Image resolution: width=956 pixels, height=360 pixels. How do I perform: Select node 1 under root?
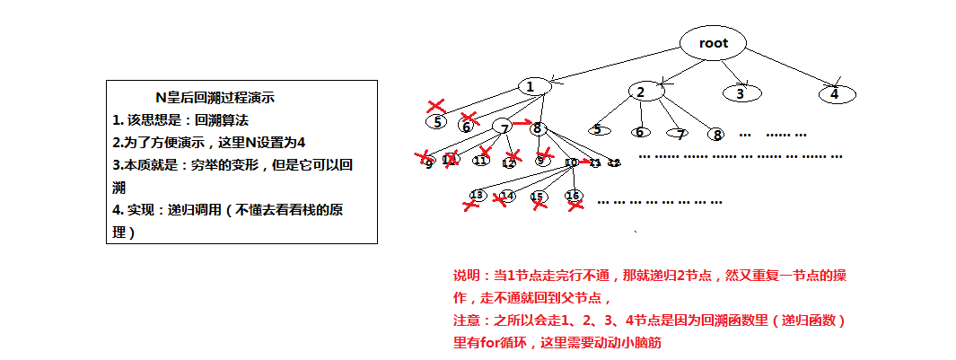coord(532,86)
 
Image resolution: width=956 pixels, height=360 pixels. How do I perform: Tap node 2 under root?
coord(640,92)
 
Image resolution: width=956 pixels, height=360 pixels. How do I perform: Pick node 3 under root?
coord(741,92)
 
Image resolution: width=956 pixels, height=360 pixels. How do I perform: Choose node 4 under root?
coord(834,92)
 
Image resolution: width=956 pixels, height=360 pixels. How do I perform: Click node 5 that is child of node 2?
coord(598,129)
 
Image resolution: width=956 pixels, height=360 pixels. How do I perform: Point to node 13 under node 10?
coord(477,195)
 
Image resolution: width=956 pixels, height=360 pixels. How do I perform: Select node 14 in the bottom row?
coord(507,195)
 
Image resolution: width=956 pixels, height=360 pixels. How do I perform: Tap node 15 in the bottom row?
coord(538,196)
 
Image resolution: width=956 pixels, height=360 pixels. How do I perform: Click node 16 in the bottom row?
coord(572,195)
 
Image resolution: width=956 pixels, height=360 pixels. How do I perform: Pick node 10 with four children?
coord(572,162)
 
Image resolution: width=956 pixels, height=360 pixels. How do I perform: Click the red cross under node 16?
coord(575,206)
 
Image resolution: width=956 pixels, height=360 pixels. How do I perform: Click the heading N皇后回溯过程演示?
coord(220,98)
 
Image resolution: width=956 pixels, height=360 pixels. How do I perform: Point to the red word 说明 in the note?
coord(465,274)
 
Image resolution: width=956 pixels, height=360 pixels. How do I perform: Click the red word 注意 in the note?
coord(465,320)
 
